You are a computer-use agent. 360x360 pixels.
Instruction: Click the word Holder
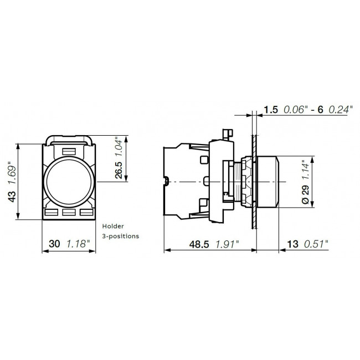tap(113, 226)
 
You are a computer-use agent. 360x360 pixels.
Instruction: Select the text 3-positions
tap(120, 235)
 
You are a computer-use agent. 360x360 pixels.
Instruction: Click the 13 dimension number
tap(292, 244)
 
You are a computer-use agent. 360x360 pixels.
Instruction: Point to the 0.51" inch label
tap(316, 244)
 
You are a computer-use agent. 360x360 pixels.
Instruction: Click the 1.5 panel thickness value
tap(271, 110)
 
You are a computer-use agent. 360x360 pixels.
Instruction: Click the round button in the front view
tap(69, 181)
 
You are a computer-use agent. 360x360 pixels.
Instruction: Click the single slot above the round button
tap(69, 151)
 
